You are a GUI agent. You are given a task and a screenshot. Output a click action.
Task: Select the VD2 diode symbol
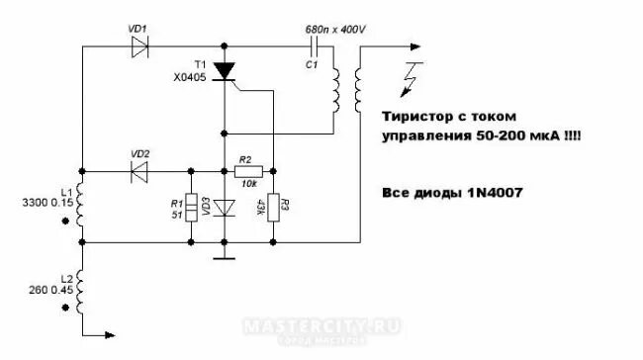[x=139, y=169]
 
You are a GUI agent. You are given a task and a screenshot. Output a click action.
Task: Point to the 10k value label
[x=246, y=185]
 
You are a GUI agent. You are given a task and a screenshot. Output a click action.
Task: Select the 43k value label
[x=260, y=207]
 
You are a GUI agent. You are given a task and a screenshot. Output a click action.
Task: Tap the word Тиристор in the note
[x=418, y=116]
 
